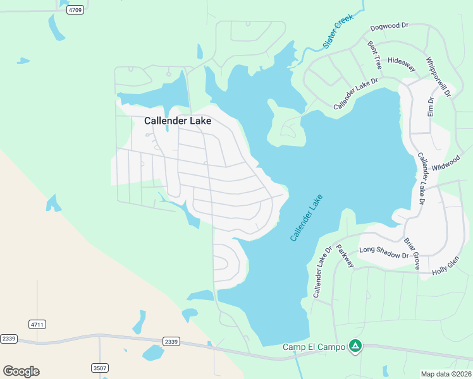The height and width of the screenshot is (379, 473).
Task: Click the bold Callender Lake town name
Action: [178, 121]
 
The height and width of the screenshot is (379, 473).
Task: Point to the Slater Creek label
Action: [337, 32]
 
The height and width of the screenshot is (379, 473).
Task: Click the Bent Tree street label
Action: [375, 55]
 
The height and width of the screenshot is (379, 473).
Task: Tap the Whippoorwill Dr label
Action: [438, 77]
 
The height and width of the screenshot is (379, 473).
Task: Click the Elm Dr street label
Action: [431, 108]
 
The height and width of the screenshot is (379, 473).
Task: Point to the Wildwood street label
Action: [446, 165]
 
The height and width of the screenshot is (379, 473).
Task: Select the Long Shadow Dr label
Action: [384, 253]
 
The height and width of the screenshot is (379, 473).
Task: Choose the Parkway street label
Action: [345, 256]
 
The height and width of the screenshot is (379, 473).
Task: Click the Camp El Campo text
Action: [314, 347]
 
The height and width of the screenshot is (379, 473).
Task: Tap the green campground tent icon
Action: [356, 346]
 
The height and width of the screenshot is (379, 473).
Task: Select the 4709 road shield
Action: [76, 10]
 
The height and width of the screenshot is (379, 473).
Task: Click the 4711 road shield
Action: [37, 324]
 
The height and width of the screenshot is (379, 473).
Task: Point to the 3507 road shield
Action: [99, 367]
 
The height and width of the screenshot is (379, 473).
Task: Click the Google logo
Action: [21, 371]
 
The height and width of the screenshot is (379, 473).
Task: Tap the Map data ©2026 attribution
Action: [446, 374]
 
